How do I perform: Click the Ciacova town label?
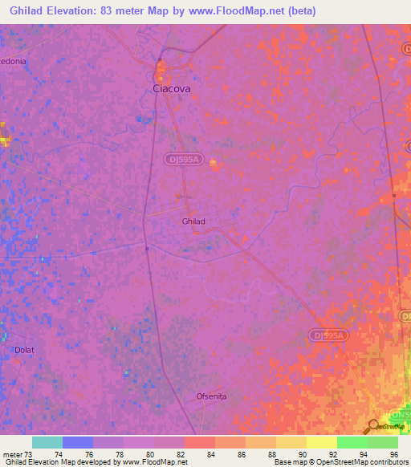172,89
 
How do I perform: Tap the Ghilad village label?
193,221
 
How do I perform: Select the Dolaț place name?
26,351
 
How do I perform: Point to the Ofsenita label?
213,396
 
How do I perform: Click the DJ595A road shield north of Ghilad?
184,160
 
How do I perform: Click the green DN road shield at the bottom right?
399,415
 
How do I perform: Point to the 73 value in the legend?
28,454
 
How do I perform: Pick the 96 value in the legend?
394,454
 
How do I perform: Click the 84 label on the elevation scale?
211,454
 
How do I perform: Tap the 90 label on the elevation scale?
303,454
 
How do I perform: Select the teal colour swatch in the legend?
47,442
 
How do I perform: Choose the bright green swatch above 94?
352,442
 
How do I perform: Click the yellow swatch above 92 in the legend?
321,442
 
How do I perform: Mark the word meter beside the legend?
11,454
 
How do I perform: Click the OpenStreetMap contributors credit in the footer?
360,462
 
